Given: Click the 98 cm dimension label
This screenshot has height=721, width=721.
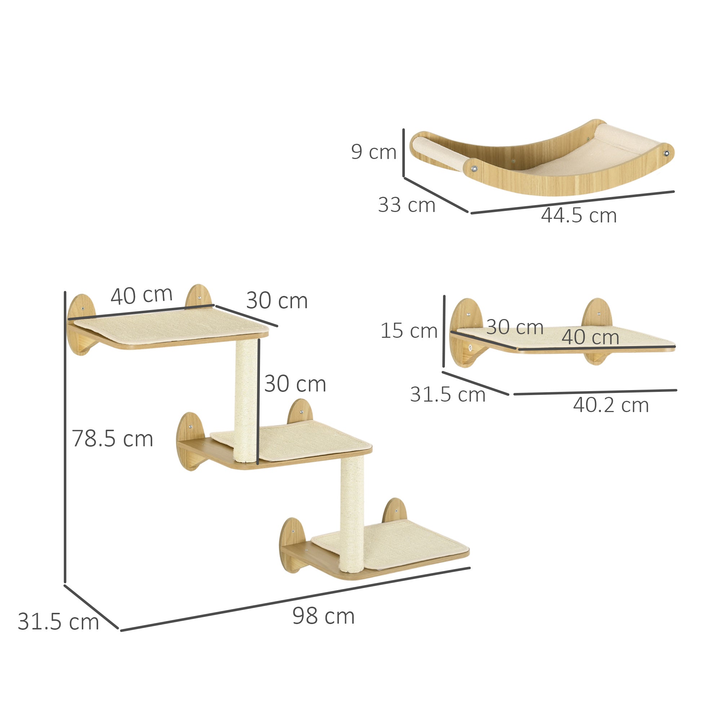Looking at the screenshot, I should [x=323, y=616].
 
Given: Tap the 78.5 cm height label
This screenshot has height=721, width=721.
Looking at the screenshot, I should [x=112, y=438].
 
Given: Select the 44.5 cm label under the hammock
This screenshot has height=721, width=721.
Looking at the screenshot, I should [x=579, y=215].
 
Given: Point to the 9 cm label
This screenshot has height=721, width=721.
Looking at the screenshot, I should [x=373, y=152].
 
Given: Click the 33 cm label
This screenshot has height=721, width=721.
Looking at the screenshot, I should [x=406, y=205].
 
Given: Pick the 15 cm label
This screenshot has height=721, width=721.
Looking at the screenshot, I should [x=409, y=331].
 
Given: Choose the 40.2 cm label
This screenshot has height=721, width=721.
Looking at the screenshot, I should [x=611, y=405].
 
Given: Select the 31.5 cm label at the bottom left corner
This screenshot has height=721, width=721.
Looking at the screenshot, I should [x=58, y=622].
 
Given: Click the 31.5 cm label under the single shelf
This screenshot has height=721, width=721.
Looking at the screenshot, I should [x=447, y=394].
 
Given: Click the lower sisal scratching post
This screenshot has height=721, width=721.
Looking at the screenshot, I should [x=352, y=515].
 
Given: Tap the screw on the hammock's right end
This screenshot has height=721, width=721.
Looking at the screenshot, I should [x=667, y=153].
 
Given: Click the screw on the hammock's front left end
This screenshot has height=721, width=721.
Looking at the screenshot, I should [x=474, y=169].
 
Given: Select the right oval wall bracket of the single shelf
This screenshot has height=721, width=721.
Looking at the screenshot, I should [x=597, y=315].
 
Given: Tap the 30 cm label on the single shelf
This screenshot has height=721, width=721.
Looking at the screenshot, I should [x=515, y=327].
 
